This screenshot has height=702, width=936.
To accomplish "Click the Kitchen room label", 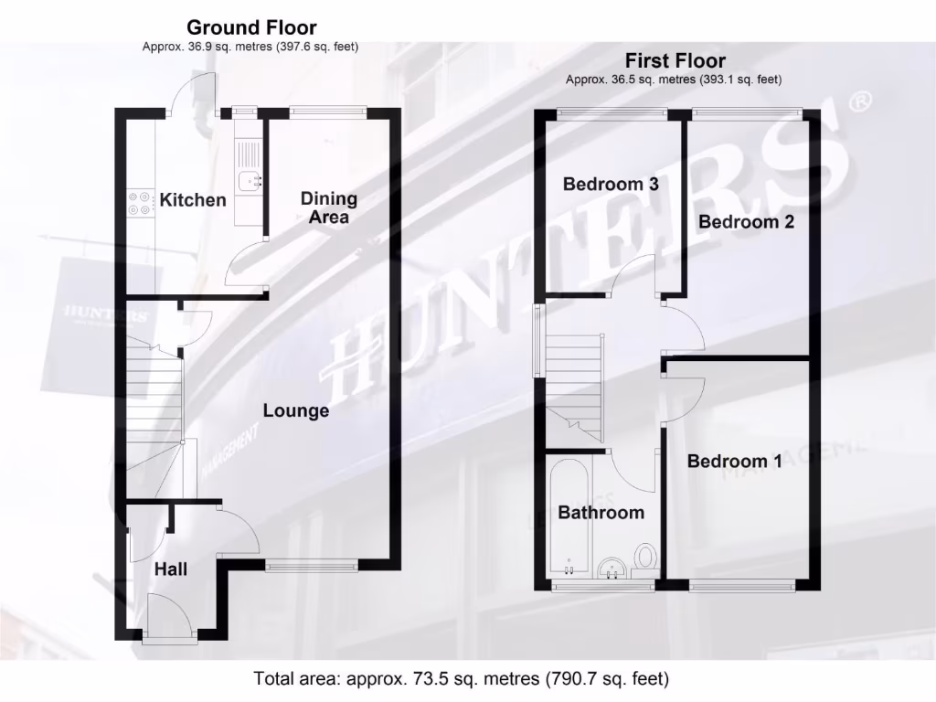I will pyautogui.click(x=193, y=199).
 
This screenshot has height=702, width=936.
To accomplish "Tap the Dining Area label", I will pyautogui.click(x=329, y=207).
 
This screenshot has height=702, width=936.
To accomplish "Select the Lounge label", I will pyautogui.click(x=296, y=411).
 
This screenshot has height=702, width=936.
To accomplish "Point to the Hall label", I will pyautogui.click(x=171, y=569).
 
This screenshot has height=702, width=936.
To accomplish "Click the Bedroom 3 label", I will pyautogui.click(x=611, y=184).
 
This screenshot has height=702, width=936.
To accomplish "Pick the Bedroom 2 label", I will pyautogui.click(x=747, y=221).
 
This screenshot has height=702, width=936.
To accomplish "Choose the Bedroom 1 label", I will pyautogui.click(x=735, y=461).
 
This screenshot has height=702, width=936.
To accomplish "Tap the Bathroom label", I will pyautogui.click(x=601, y=513).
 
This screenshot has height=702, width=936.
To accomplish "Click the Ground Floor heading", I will pyautogui.click(x=252, y=28).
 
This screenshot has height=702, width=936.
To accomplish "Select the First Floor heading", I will pyautogui.click(x=675, y=61).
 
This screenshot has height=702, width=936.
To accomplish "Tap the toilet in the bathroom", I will pyautogui.click(x=647, y=558).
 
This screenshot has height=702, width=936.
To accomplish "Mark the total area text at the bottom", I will pyautogui.click(x=461, y=679).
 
